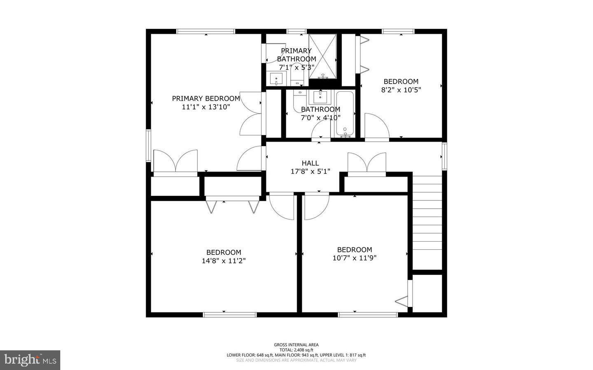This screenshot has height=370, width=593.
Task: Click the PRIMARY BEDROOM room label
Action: pos(205,98)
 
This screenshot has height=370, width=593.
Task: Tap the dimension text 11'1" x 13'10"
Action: pos(205,107)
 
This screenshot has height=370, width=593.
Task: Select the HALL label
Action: pos(310,163)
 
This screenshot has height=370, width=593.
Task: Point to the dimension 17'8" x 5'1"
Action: pos(310,172)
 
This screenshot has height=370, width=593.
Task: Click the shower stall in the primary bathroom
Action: pos(323,56)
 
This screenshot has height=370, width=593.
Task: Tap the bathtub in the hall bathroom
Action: pos(345,113)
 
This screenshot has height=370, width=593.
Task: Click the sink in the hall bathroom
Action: pos(320,98)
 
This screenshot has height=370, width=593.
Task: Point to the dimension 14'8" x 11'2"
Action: pos(224,261)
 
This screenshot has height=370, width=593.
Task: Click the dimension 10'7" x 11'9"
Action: pos(354,258)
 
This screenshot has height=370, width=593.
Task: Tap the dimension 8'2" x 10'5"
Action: pos(401,90)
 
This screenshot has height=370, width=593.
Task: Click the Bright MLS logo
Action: pos(30,360)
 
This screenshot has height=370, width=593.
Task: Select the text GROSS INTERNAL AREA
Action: pos(296,345)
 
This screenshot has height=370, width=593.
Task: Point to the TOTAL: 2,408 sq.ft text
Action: pos(296,350)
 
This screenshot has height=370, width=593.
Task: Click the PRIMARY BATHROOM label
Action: pos(296,55)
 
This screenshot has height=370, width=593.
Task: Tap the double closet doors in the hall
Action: pos(367,163)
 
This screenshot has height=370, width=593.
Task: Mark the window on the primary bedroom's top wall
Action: pos(205,31)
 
